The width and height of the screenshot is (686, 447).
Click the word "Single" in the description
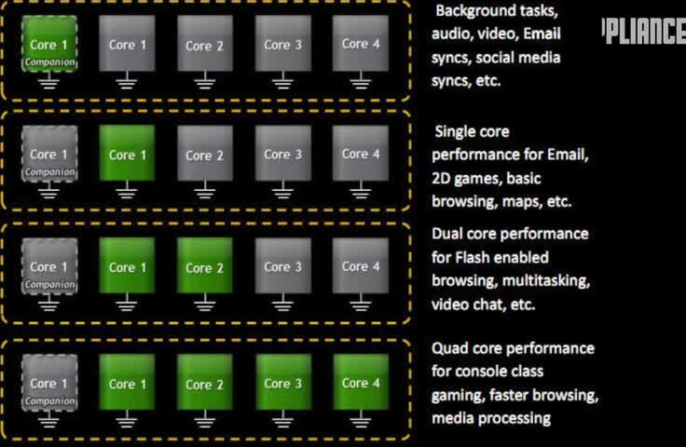click(458, 132)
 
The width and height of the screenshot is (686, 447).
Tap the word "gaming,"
click(457, 395)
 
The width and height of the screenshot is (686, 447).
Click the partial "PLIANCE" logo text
click(645, 33)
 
